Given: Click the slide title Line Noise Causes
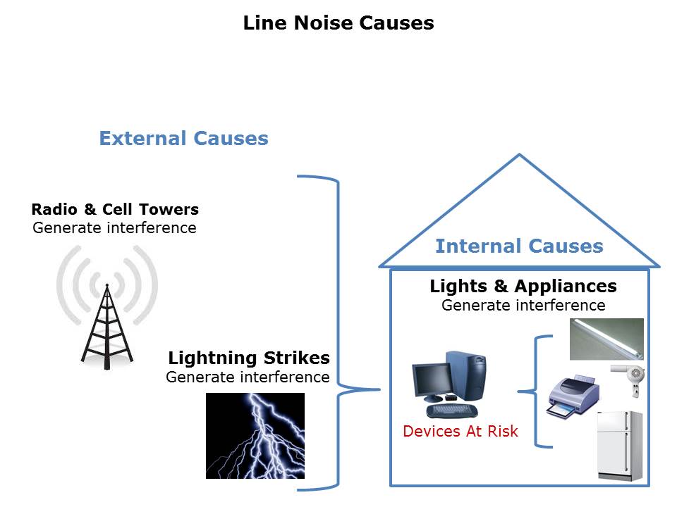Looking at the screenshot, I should point(338,23).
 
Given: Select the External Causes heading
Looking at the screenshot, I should point(183,138).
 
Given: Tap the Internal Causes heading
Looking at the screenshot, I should point(519,246).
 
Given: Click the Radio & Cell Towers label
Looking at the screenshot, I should point(115,209).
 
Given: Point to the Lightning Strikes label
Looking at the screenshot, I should point(248,358).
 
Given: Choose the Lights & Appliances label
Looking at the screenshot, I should point(523,287).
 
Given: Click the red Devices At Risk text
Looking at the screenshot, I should point(461,431).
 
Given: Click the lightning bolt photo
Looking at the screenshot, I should point(255,435).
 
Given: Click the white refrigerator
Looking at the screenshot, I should point(620,445).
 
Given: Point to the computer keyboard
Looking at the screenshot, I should point(451,410).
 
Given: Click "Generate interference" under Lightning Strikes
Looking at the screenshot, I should point(248,377).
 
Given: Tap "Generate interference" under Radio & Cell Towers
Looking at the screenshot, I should point(114,227).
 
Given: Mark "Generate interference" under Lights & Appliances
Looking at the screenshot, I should point(523,305).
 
